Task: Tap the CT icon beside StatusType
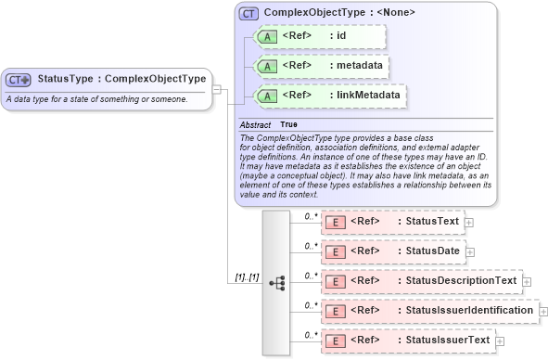point(19,80)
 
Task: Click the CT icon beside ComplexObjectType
point(249,13)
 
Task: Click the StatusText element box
point(391,222)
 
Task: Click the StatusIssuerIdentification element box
point(428,310)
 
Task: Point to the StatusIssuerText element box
point(405,340)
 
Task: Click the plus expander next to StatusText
point(469,223)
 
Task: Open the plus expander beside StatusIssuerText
point(498,341)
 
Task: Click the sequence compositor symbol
point(275,280)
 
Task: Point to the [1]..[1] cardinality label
point(247,278)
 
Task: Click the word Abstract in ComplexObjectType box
point(255,124)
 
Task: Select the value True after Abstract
point(289,124)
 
